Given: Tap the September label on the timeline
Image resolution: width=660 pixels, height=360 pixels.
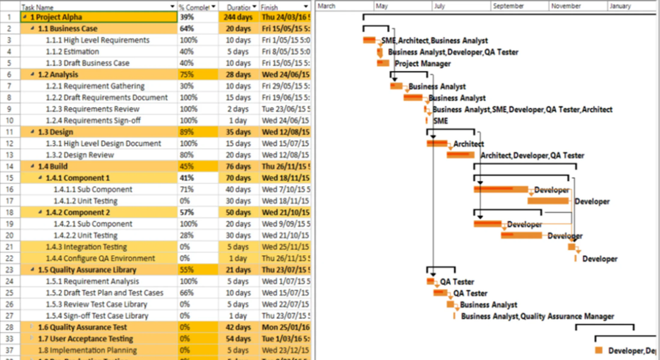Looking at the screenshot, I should click(508, 6).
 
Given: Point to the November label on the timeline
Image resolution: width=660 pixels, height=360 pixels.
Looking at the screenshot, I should click(565, 6).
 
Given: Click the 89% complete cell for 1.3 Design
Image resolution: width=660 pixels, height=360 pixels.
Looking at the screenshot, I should click(186, 132).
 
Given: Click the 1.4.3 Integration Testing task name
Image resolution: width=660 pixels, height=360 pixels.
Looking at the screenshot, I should click(86, 247).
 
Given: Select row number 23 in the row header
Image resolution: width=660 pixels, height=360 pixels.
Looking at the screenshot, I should click(10, 270).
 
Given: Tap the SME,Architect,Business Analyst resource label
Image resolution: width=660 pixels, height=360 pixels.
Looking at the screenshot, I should click(434, 41).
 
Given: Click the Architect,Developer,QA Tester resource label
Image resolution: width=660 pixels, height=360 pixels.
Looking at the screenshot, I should click(532, 155).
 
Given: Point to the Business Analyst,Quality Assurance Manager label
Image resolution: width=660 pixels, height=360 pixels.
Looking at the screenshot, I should click(538, 317).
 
